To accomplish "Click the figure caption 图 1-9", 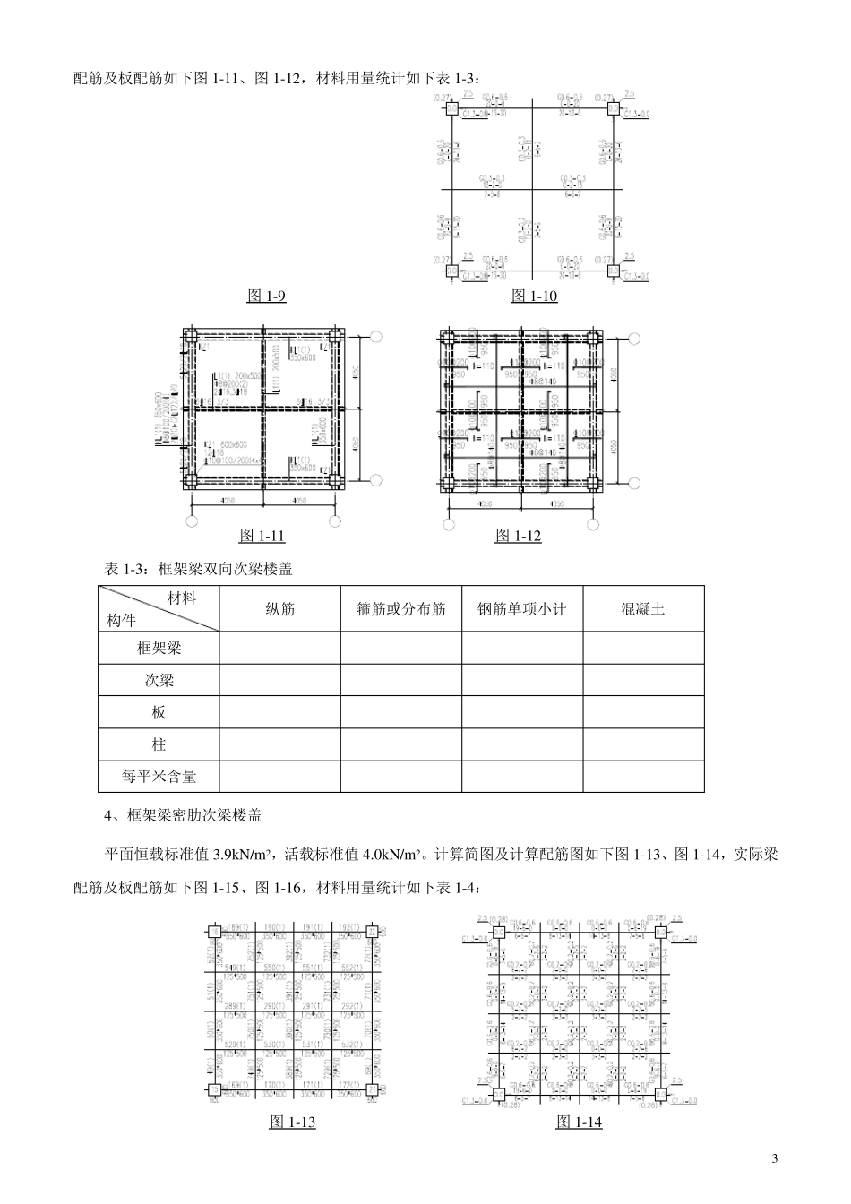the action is (266, 296).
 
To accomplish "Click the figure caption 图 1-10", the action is (534, 296).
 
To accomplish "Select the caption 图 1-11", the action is (262, 536).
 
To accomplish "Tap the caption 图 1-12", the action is (519, 536).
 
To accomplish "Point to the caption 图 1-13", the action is (293, 1122).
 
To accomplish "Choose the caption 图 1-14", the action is (580, 1122).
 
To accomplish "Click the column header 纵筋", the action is (279, 609).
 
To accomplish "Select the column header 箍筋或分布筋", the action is (401, 609).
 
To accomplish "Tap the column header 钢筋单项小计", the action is (522, 609).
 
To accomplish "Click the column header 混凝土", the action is (643, 609).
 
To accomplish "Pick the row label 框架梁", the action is (159, 648).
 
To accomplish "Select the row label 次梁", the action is (159, 680).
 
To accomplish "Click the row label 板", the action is (159, 712).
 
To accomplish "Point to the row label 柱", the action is (159, 744).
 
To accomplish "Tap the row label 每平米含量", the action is (159, 777).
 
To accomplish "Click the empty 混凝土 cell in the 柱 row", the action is (643, 744).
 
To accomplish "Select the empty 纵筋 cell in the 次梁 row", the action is (279, 680).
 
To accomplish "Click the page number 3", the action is (775, 1159).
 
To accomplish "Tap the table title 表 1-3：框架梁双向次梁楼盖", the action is (199, 569).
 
